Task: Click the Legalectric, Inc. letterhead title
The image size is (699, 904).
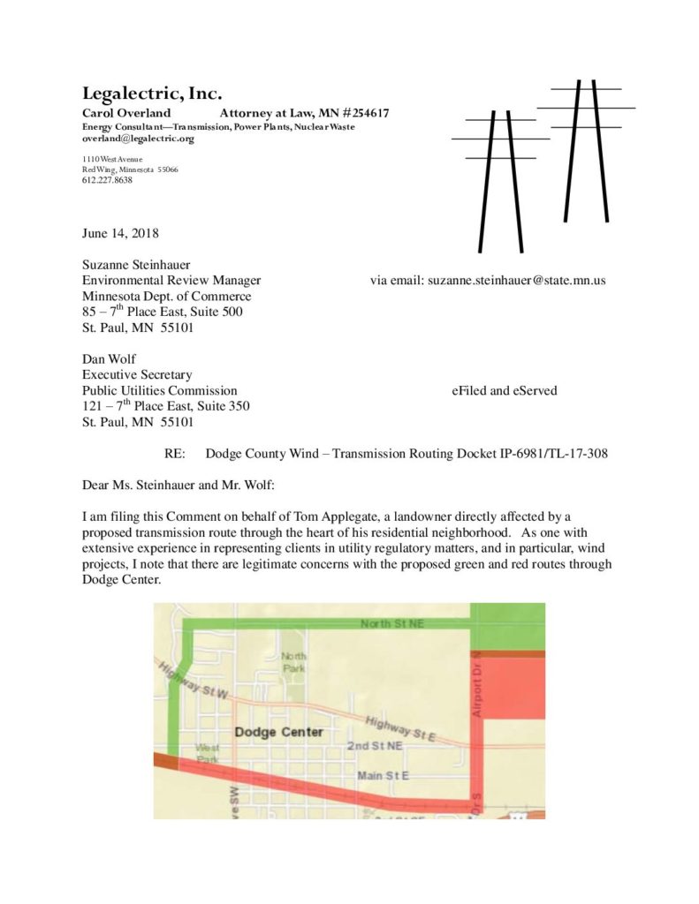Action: coord(151,94)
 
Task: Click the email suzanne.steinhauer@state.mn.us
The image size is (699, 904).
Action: coord(517,281)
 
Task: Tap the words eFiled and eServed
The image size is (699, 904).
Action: coord(498,390)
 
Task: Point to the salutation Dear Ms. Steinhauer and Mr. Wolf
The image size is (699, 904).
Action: coord(186,485)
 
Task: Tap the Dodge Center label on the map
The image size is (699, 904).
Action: coord(279,733)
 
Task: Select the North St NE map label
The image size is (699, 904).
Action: coord(392,624)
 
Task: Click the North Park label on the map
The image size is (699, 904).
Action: coord(293,661)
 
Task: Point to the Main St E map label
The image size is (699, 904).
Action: coord(383,776)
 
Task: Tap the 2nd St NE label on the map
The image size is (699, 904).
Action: coord(375,746)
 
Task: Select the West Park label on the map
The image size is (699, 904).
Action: coord(208,753)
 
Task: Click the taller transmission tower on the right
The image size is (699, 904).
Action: coord(586,150)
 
